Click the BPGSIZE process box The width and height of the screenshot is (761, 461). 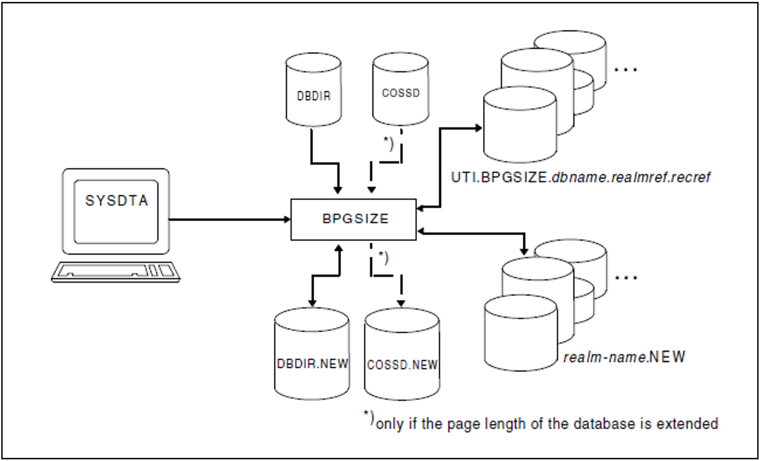(x=353, y=219)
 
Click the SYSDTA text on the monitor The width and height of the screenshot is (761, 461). (x=116, y=201)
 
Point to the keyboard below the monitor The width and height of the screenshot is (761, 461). (x=116, y=272)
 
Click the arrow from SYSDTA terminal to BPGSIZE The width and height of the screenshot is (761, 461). (x=230, y=220)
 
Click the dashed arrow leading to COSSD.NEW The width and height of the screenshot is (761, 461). (x=401, y=288)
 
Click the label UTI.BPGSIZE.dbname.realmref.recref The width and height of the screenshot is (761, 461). (x=580, y=178)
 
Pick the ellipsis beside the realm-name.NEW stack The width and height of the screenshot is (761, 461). (x=626, y=278)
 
